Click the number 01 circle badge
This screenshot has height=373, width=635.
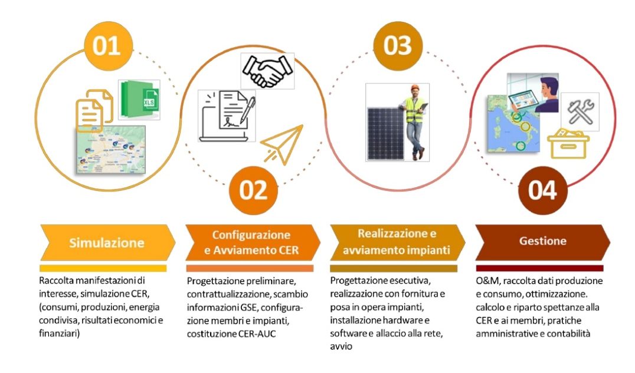click(x=106, y=46)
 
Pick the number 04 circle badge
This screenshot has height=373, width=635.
click(x=542, y=190)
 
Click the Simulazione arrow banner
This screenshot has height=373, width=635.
click(x=106, y=242)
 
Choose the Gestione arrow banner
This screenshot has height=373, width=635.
click(x=542, y=241)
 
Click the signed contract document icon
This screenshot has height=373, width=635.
click(x=226, y=113)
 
